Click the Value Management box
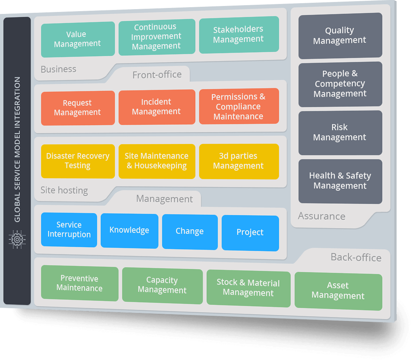point(78,39)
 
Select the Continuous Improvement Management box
point(157,37)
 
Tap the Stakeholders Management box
point(238,34)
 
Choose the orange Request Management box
point(78,108)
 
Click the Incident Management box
point(157,107)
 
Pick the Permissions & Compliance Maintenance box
point(238,106)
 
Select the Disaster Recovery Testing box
point(78,161)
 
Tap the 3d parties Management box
point(238,161)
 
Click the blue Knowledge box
point(129,230)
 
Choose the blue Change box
point(190,232)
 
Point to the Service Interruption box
point(69,230)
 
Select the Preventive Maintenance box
point(79,283)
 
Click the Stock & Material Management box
point(248,288)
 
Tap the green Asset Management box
point(338,291)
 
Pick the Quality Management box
point(340,35)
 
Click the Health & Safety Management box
point(340,181)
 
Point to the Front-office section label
point(157,75)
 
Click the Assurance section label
point(322,216)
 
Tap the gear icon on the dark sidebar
point(17,239)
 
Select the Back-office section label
point(356,258)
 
